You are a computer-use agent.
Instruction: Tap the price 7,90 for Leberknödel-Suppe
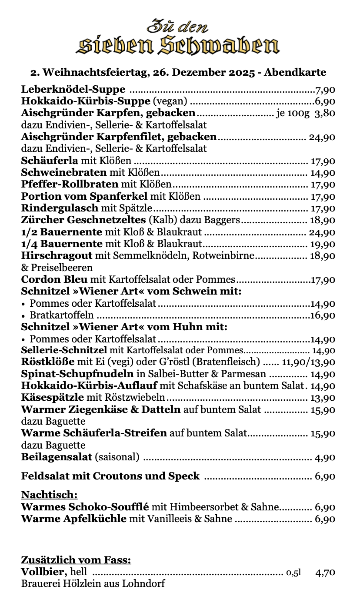(325, 90)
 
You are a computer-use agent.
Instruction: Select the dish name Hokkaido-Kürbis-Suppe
(86, 102)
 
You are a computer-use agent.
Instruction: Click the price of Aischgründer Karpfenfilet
(322, 137)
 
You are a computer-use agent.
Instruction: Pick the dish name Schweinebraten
(64, 173)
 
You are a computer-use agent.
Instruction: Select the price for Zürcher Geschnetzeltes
(322, 220)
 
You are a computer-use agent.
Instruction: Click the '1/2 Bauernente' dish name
(62, 232)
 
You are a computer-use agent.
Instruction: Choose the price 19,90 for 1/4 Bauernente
(322, 244)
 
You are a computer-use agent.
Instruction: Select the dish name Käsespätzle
(53, 398)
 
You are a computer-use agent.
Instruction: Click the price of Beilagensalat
(325, 458)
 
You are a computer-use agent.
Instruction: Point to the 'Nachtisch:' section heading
(50, 495)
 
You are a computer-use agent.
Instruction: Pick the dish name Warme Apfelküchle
(74, 519)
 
